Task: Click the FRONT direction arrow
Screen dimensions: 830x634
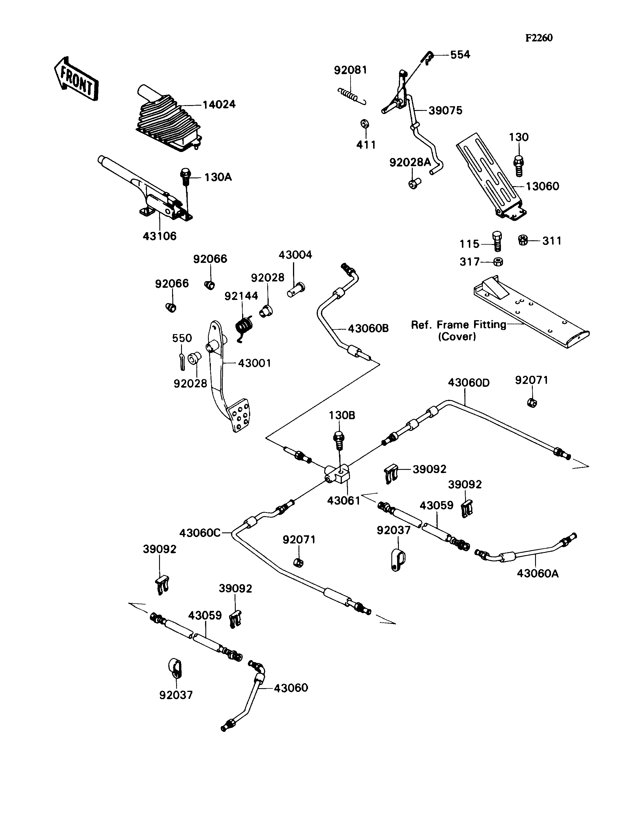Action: [x=77, y=80]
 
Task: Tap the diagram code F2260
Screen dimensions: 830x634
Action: [x=539, y=38]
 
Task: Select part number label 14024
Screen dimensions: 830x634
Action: [x=219, y=105]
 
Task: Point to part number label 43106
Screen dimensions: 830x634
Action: [x=160, y=236]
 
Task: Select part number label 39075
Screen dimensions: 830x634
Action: [x=445, y=111]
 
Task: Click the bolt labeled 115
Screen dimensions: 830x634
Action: [x=497, y=241]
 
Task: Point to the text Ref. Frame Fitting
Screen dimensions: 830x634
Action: [x=458, y=325]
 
